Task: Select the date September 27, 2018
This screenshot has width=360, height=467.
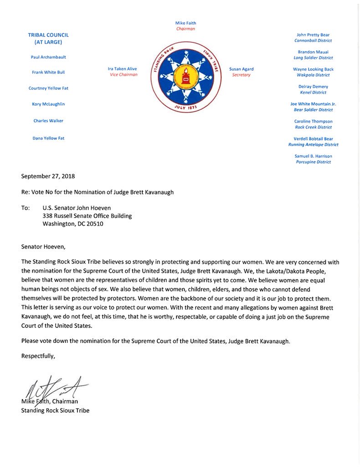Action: (x=48, y=176)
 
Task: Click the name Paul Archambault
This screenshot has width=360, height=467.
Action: (x=48, y=57)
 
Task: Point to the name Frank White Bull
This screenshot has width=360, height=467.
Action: (x=48, y=72)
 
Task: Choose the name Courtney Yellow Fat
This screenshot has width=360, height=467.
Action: (x=48, y=88)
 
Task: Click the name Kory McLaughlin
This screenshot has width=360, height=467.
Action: (x=48, y=104)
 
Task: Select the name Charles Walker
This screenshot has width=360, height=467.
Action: (x=48, y=121)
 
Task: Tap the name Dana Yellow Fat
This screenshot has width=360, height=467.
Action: (x=48, y=138)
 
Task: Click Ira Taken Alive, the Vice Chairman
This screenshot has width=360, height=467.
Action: (x=122, y=69)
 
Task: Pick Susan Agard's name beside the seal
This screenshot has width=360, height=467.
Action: (x=241, y=69)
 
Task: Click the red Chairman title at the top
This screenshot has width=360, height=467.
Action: (x=185, y=29)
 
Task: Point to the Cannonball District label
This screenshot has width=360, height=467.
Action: (x=313, y=41)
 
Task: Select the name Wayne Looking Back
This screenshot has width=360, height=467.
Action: (x=313, y=69)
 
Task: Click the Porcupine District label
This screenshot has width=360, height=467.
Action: (x=313, y=162)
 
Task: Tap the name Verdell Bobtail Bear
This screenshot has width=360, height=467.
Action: (x=313, y=139)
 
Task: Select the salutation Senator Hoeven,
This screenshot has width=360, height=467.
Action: (x=43, y=247)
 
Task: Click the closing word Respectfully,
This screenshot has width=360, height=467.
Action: (x=38, y=356)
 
